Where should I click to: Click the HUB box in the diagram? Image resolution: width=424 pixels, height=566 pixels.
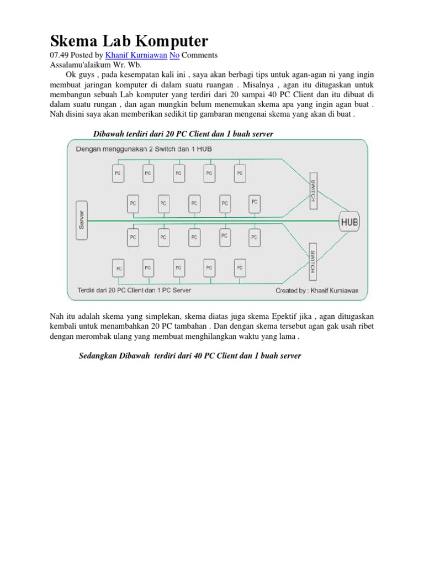pyautogui.click(x=349, y=222)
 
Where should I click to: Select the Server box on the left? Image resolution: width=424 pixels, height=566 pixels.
pyautogui.click(x=81, y=221)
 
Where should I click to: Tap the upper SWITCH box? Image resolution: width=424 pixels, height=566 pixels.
pyautogui.click(x=312, y=192)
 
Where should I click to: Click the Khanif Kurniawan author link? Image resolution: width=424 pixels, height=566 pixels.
pyautogui.click(x=135, y=55)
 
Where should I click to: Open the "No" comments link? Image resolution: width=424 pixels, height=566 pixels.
pyautogui.click(x=174, y=55)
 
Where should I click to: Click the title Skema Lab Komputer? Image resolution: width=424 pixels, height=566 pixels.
pyautogui.click(x=130, y=40)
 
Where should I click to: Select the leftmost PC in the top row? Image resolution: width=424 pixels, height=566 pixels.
pyautogui.click(x=118, y=173)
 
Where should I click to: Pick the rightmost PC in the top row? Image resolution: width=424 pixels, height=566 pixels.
pyautogui.click(x=239, y=173)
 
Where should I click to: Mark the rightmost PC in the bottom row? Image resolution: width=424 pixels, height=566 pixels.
pyautogui.click(x=239, y=268)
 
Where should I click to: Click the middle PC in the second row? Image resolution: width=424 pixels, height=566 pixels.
pyautogui.click(x=194, y=203)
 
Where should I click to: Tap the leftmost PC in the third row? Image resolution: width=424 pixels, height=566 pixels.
pyautogui.click(x=133, y=237)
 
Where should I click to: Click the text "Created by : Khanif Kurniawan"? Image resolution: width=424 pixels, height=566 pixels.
pyautogui.click(x=317, y=290)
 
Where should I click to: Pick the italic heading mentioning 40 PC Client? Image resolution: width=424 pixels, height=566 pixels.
pyautogui.click(x=190, y=356)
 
